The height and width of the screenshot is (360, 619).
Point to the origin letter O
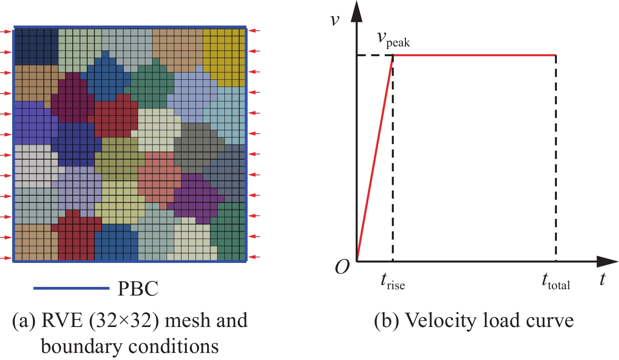pyautogui.click(x=342, y=268)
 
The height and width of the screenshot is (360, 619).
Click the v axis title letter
pyautogui.click(x=335, y=20)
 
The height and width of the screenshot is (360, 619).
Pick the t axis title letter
pyautogui.click(x=602, y=279)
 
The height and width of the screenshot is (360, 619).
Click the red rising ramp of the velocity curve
pyautogui.click(x=375, y=157)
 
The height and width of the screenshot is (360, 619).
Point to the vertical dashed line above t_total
pyautogui.click(x=556, y=157)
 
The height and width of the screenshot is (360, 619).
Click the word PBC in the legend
pyautogui.click(x=138, y=289)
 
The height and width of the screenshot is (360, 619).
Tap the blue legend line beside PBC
pyautogui.click(x=71, y=288)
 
